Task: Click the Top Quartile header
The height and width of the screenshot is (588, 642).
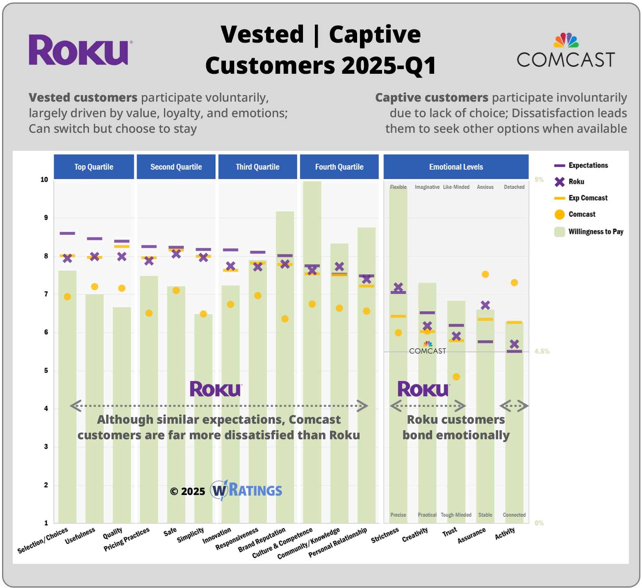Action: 94,167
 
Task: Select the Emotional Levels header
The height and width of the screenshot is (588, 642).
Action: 456,167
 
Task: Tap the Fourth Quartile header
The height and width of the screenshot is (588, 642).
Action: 339,167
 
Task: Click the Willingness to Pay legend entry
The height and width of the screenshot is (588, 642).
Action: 595,232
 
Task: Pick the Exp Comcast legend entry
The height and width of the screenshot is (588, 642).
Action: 588,198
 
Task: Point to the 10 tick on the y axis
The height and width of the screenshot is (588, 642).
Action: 44,179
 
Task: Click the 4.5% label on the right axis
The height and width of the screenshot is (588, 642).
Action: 542,351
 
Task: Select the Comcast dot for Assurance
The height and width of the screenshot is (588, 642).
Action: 485,275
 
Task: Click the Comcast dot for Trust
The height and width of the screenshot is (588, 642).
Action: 456,377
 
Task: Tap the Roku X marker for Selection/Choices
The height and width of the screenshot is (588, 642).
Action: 68,258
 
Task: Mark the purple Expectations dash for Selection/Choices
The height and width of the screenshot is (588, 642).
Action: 67,233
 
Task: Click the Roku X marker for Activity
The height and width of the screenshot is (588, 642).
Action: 514,344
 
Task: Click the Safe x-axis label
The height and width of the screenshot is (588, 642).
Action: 170,532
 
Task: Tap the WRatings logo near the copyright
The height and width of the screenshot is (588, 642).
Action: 246,490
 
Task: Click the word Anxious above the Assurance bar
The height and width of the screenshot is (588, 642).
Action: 485,187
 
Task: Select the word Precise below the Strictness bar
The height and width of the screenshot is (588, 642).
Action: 398,515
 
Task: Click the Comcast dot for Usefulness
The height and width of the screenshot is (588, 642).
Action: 95,286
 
